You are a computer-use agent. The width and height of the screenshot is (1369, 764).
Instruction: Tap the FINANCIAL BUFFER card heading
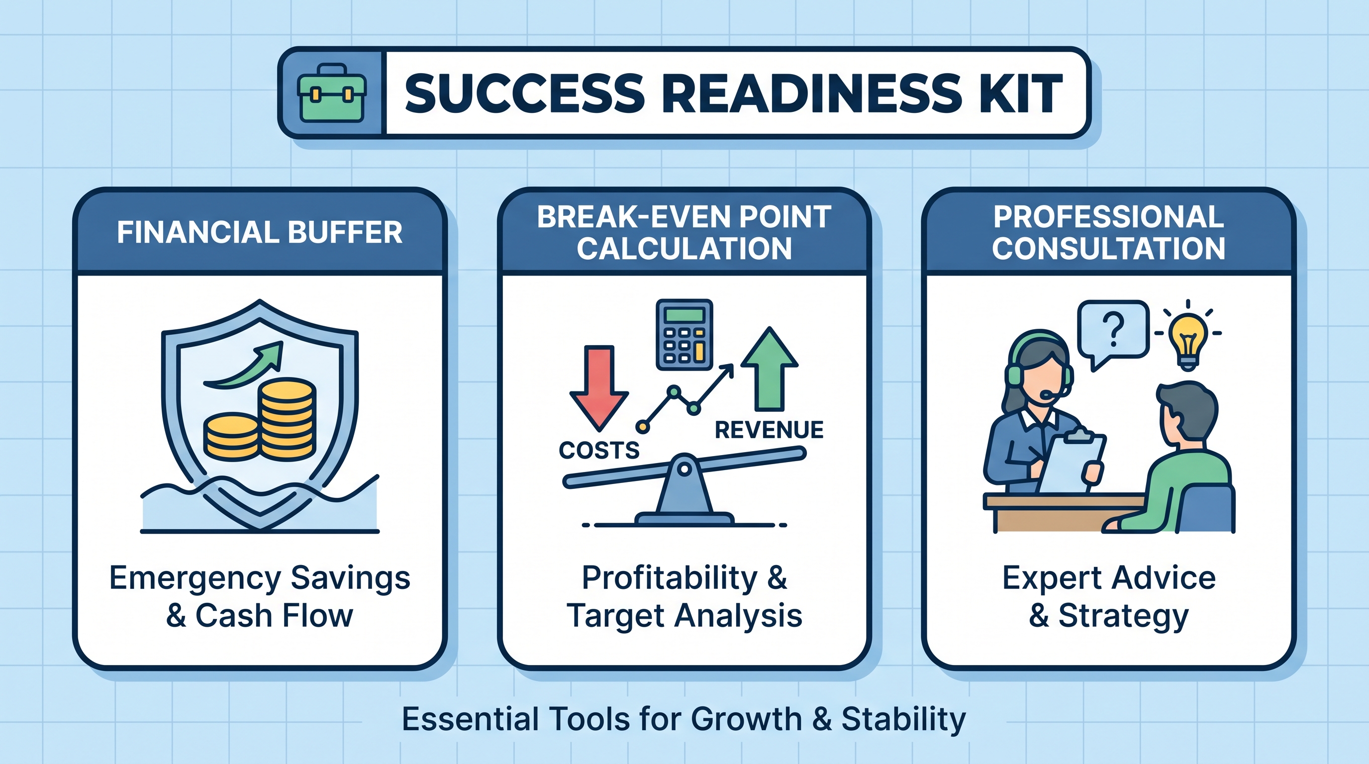point(260,232)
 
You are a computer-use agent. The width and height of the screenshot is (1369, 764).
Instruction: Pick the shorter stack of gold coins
point(232,437)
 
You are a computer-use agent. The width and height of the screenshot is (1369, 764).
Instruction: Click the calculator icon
point(684,334)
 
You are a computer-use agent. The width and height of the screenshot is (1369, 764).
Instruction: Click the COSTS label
point(599,451)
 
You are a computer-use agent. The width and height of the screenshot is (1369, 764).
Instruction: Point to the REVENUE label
point(769,430)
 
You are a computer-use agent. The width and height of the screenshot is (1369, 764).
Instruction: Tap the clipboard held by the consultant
point(1073,461)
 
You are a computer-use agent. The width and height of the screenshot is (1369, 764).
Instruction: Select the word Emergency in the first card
point(195,579)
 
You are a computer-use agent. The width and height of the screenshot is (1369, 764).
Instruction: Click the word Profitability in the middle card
point(670,578)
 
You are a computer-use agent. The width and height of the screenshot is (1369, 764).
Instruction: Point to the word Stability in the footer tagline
point(903,720)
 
